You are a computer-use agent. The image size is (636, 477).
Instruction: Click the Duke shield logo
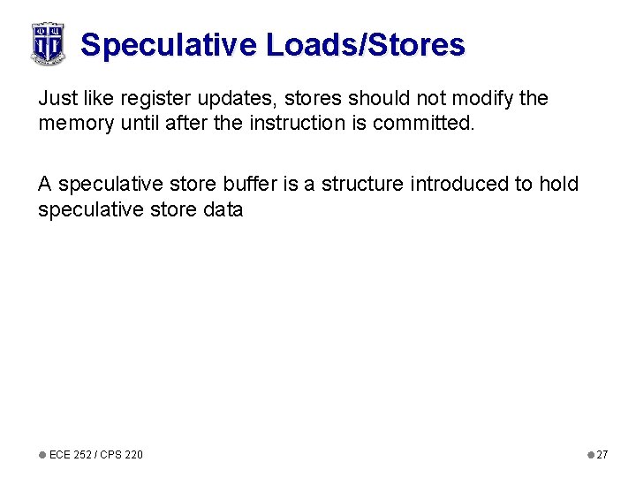48,43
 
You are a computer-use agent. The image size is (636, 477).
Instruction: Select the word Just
55,98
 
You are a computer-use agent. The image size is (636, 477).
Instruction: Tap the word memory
73,124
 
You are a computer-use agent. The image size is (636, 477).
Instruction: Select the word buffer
242,184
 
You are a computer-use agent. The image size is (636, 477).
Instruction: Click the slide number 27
602,454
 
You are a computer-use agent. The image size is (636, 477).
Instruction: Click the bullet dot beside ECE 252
42,454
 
